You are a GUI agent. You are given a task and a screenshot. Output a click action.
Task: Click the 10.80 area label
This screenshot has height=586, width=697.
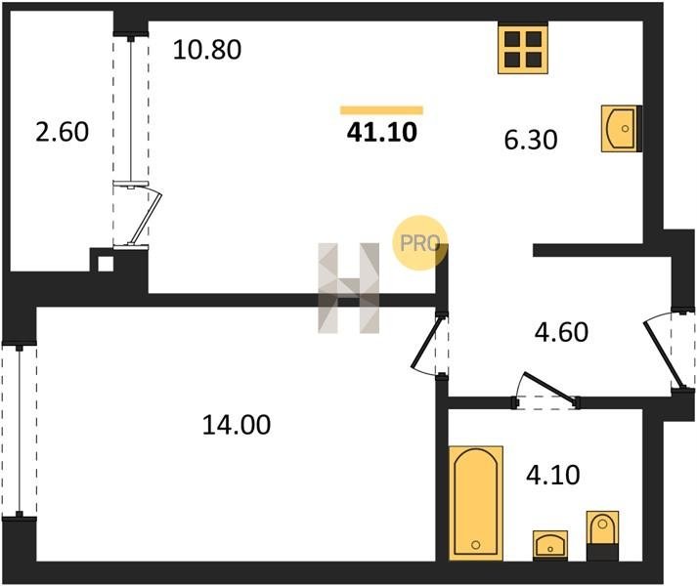coord(206,48)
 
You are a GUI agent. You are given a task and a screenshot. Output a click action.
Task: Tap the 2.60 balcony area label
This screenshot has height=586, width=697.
coord(63,132)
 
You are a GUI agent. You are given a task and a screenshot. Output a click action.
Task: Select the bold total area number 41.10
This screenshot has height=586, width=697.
coord(381,132)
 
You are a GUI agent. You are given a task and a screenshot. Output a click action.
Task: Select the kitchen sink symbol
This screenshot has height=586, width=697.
coord(619,127)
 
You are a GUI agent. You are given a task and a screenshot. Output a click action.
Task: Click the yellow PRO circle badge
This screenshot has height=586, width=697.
coord(419,243)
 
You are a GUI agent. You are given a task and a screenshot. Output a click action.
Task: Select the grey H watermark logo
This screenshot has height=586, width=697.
coord(349,288)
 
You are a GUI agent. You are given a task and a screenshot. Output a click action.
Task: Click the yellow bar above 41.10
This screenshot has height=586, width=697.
coord(381,110)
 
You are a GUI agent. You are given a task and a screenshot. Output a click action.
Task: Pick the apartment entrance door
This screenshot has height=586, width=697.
coord(665,352)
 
